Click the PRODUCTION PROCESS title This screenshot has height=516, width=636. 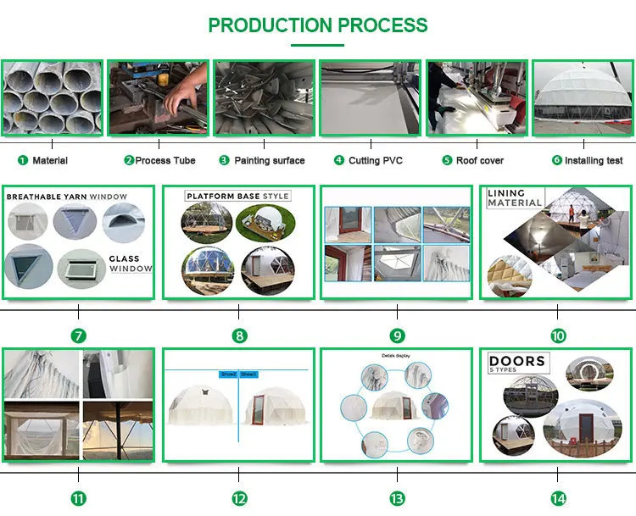coord(318,25)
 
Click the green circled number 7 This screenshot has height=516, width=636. coord(79,336)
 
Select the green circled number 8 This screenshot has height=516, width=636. coord(240,336)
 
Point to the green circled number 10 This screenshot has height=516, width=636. coord(558,336)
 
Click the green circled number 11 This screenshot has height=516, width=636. coord(79,498)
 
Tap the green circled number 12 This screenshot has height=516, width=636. coord(240,498)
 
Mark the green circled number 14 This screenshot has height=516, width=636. coord(558,498)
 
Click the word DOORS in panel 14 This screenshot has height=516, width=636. coord(517,362)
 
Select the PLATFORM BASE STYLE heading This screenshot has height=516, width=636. coord(237,196)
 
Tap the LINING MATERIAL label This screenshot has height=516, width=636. coord(514,198)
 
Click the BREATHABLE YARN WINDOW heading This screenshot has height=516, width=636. coord(67,197)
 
